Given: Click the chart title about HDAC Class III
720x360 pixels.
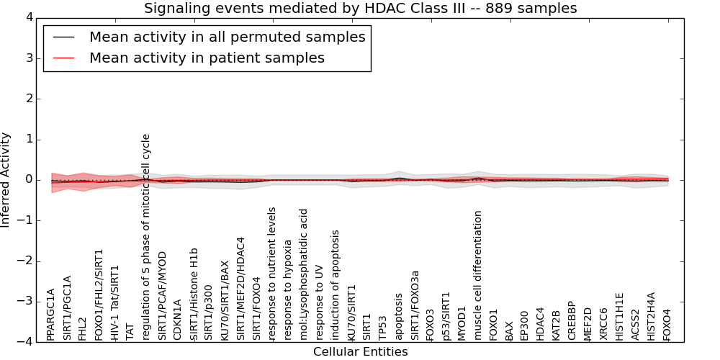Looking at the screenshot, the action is pos(361,8).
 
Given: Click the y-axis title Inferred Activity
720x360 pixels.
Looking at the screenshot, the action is pos(5,180).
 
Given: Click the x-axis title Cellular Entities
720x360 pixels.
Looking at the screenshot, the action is pos(361,352).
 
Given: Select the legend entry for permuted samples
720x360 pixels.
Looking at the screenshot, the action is pos(228,37).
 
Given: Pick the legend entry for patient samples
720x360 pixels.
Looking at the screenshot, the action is pos(207,58).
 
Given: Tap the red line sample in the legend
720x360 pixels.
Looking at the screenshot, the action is pos(64,58).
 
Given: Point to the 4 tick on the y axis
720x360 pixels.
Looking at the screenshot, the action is pos(30,18).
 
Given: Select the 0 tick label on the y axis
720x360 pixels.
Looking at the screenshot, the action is pos(30,180).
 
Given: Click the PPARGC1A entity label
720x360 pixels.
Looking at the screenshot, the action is pos(50,315).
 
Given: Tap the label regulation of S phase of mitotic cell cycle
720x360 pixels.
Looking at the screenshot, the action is pos(145,238).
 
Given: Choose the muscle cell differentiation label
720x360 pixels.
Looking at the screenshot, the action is pos(477,276).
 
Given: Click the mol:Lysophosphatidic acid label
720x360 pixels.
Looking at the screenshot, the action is pos(304,275).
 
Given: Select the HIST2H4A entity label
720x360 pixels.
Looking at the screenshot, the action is pos(651,317).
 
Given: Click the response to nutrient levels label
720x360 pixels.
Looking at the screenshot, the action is pos(272,274).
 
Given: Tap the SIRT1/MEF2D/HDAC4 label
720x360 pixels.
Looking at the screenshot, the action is pos(240,289).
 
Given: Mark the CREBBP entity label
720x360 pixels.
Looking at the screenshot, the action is pos(571,321).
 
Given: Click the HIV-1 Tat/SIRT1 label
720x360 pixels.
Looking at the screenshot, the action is pos(114,303).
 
